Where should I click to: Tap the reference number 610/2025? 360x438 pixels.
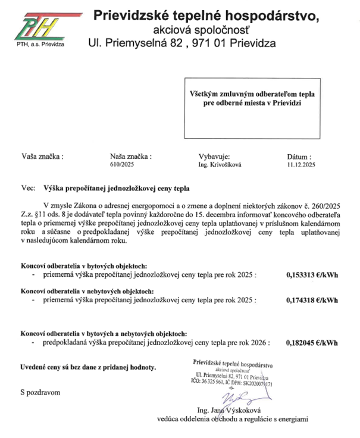pyautogui.click(x=123, y=162)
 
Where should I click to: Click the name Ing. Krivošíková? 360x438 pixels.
pyautogui.click(x=220, y=162)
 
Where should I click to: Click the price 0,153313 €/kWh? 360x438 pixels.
pyautogui.click(x=312, y=275)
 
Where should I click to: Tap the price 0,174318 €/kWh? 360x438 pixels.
pyautogui.click(x=312, y=301)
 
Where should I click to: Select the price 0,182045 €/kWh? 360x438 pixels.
pyautogui.click(x=312, y=343)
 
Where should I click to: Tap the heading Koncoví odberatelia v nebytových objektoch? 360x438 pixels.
pyautogui.click(x=87, y=292)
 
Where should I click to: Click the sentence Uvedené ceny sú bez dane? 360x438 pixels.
pyautogui.click(x=88, y=367)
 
